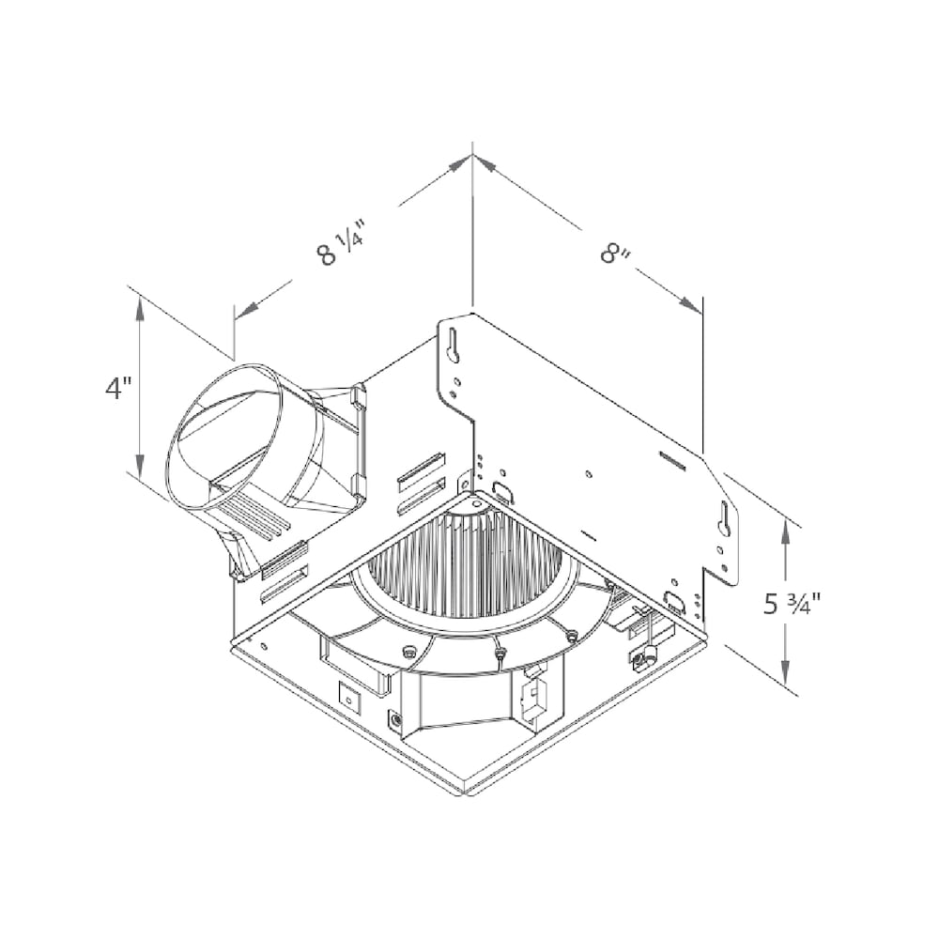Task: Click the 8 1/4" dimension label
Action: click(x=341, y=243)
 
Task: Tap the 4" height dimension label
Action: click(x=118, y=389)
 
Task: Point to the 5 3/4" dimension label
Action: click(x=792, y=604)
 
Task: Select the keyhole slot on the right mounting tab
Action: click(x=724, y=516)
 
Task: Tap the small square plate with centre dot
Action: click(x=349, y=698)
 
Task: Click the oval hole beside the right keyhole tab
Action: click(x=674, y=600)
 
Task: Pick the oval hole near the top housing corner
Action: click(x=502, y=491)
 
